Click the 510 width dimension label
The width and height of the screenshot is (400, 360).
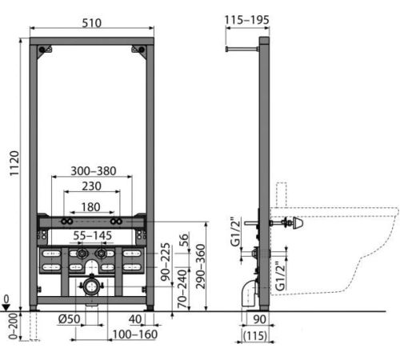[x=91, y=23]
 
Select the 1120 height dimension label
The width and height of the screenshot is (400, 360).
[x=14, y=163]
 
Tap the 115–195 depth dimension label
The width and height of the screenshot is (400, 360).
[x=246, y=20]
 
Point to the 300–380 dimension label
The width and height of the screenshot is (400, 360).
[x=94, y=171]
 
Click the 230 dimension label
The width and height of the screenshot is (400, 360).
[x=91, y=186]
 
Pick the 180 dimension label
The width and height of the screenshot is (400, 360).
[x=91, y=207]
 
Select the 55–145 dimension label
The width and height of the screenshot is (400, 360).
[x=93, y=236]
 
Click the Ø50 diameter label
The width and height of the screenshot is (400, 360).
[x=69, y=319]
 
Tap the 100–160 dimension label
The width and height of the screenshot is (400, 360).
[x=135, y=334]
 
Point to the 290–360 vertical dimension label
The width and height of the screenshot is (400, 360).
[x=201, y=266]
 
